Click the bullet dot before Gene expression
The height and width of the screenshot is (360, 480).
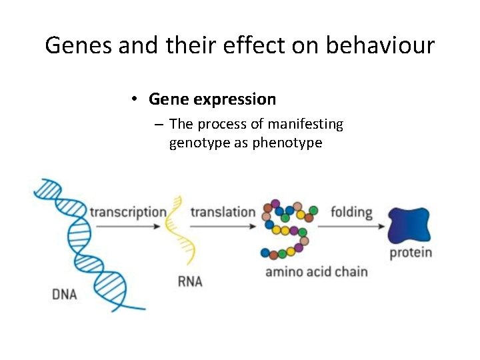coord(134,99)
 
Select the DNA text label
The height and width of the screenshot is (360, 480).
coord(65,294)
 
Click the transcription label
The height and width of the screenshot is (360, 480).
coord(128,212)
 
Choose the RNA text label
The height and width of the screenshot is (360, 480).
coord(190,282)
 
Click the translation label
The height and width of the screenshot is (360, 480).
coord(223,212)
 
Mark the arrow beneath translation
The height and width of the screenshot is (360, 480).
coord(223,227)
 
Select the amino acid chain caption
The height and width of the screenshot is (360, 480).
coord(316,271)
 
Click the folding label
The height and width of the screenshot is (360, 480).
coord(351,212)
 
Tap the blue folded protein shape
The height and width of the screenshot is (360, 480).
coord(409,226)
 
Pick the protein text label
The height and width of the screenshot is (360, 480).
coord(411,253)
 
